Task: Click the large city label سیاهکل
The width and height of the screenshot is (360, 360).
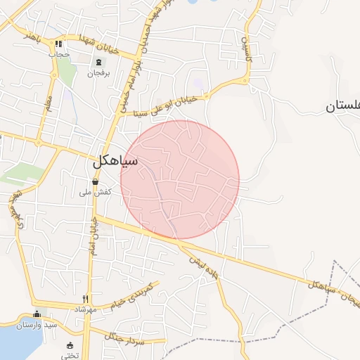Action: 115,162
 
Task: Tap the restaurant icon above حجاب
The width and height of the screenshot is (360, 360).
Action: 59,44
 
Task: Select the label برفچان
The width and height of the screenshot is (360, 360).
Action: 99,72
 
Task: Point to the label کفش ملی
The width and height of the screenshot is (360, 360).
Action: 98,192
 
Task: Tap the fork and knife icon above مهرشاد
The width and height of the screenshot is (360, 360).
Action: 86,298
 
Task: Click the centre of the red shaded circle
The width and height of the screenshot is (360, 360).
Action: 180,180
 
